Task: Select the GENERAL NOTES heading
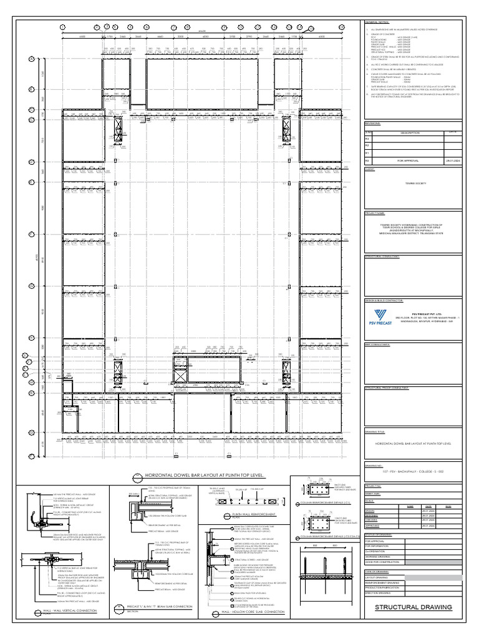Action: pyautogui.click(x=377, y=22)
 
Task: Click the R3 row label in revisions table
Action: pyautogui.click(x=368, y=139)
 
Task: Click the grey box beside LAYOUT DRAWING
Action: pyautogui.click(x=433, y=578)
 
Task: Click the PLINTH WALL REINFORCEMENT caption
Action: pyautogui.click(x=243, y=515)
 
